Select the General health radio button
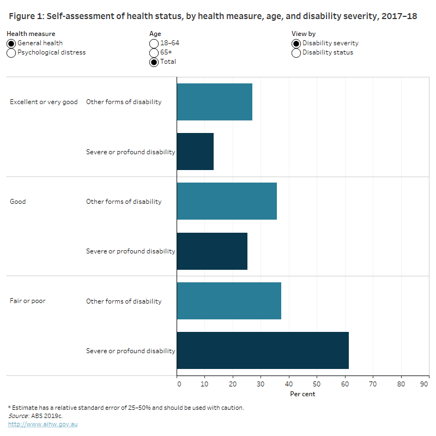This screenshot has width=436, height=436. pos(11,44)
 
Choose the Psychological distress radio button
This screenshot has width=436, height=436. pos(11,53)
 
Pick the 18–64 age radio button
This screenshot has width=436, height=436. pos(154,44)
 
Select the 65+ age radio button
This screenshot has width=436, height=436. pos(154,53)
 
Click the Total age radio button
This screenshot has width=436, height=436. pos(154,62)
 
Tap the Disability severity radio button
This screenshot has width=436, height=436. pos(296,44)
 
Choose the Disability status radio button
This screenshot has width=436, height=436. pos(296,53)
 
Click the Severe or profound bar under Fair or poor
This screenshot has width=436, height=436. pos(263,350)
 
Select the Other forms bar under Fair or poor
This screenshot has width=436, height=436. pos(229,301)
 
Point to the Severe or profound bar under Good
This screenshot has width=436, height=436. pos(212,251)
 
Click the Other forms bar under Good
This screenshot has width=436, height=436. pos(227,201)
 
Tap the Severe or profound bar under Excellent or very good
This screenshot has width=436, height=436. pos(195,152)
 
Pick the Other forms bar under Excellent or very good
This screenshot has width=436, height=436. pos(215,102)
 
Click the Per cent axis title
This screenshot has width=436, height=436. pos(302,394)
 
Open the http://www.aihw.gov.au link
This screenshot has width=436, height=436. pos(43,424)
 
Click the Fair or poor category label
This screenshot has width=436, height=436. pos(27,301)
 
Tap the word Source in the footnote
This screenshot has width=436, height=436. pos(19,416)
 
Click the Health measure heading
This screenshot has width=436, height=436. pos(31,34)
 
